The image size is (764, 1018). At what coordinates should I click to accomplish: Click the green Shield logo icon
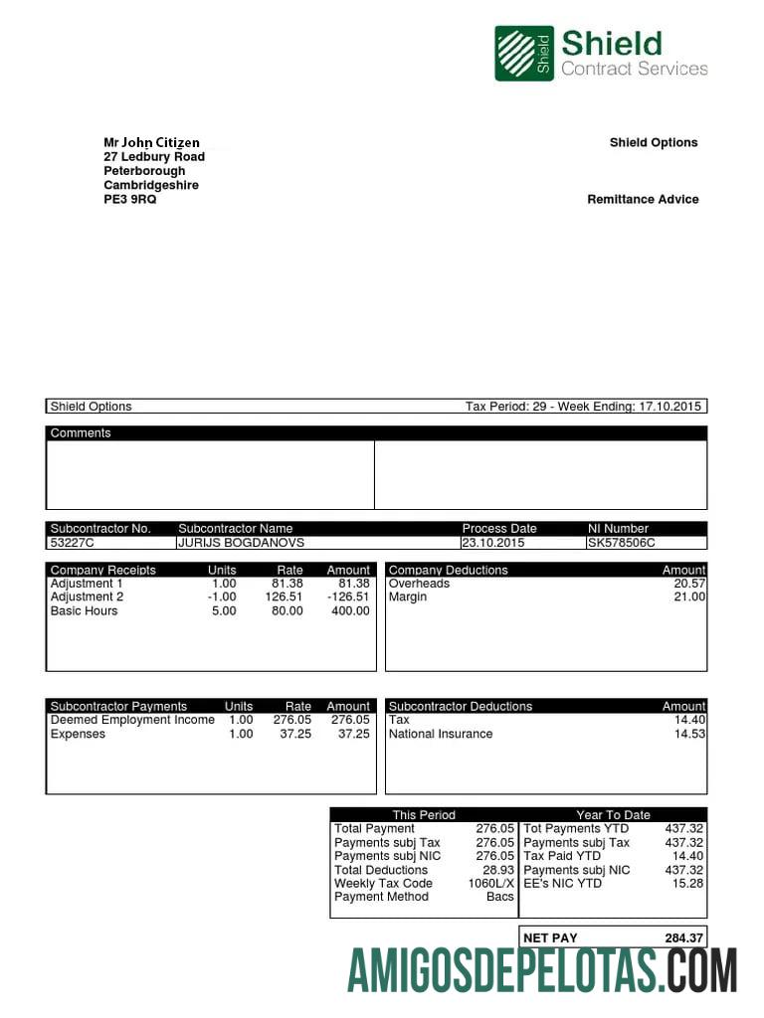point(524,53)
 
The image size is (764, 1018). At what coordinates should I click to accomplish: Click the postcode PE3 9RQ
point(130,199)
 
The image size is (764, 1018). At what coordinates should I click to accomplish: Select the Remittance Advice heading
point(643,199)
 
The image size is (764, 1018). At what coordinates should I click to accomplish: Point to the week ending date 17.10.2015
point(670,407)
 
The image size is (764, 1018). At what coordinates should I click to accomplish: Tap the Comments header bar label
point(81,433)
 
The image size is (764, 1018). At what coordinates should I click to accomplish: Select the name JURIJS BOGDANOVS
point(241,543)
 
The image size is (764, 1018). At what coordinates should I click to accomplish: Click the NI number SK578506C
point(622,543)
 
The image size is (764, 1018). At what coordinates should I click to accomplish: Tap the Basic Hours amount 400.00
point(349,611)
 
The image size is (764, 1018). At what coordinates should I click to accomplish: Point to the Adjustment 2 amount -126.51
point(347,597)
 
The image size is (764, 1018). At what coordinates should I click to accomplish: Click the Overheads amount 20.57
point(689,584)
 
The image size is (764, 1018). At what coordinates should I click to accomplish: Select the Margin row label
point(408,597)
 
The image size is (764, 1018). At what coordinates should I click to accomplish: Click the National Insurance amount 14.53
point(689,734)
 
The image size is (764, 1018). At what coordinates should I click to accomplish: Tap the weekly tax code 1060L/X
point(491,883)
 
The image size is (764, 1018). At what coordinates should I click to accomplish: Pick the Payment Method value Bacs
point(500,897)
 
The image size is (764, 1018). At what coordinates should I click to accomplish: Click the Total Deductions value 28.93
point(498,870)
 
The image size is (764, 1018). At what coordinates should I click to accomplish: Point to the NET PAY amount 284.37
point(684,937)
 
